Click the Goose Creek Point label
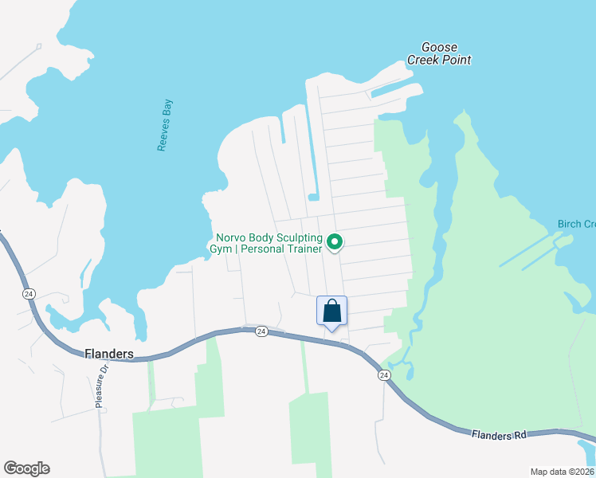439,53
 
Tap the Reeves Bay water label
164,125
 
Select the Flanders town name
109,353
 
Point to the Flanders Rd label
498,435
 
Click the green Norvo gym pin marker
335,241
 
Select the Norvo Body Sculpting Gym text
269,243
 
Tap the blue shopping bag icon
332,311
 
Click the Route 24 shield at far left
29,293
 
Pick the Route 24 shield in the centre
261,332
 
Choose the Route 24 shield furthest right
384,375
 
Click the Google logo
26,468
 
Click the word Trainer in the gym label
301,249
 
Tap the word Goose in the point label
439,47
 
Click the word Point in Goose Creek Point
458,60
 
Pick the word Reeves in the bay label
163,135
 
